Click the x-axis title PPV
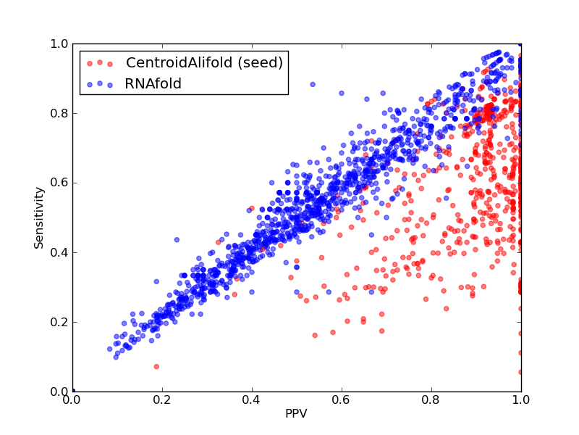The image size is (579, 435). click(x=296, y=413)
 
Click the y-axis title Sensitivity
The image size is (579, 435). click(x=39, y=218)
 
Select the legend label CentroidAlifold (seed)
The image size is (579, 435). click(x=204, y=62)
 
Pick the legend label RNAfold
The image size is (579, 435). click(x=153, y=84)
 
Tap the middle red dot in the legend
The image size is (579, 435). click(x=100, y=62)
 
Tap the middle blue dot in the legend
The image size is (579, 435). click(x=100, y=83)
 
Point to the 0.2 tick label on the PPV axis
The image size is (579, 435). click(x=162, y=400)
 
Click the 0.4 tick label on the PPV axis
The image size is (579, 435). click(x=252, y=400)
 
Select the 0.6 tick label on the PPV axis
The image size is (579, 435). click(x=342, y=400)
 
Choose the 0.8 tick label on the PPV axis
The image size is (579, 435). click(x=431, y=400)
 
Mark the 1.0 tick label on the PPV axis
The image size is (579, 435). click(x=521, y=400)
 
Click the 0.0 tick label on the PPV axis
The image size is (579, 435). click(x=72, y=400)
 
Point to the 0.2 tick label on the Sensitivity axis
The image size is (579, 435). click(x=59, y=322)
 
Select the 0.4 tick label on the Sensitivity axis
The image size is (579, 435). click(x=59, y=252)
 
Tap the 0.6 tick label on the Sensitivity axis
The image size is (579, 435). click(x=59, y=183)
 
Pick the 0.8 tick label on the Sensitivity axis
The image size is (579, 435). click(x=59, y=113)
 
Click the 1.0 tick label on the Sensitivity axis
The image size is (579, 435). click(x=59, y=43)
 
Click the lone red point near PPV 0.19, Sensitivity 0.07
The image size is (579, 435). click(x=156, y=367)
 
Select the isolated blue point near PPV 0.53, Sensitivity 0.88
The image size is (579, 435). click(x=313, y=84)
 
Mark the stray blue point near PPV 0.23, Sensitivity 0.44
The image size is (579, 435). click(x=177, y=240)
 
